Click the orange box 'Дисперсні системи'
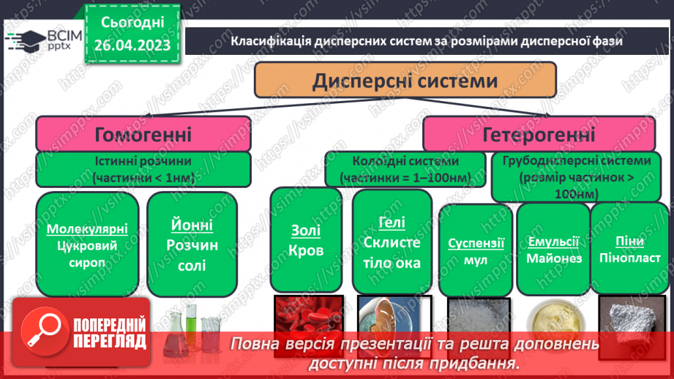[x=405, y=80]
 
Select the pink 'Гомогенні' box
[x=143, y=135]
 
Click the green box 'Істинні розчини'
[x=143, y=169]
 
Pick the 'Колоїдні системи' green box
[x=405, y=169]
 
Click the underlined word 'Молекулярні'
[x=87, y=228]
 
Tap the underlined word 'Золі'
[x=305, y=231]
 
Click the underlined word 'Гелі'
[x=392, y=224]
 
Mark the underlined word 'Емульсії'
[x=553, y=241]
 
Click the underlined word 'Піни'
[x=629, y=241]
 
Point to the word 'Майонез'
[x=553, y=258]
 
